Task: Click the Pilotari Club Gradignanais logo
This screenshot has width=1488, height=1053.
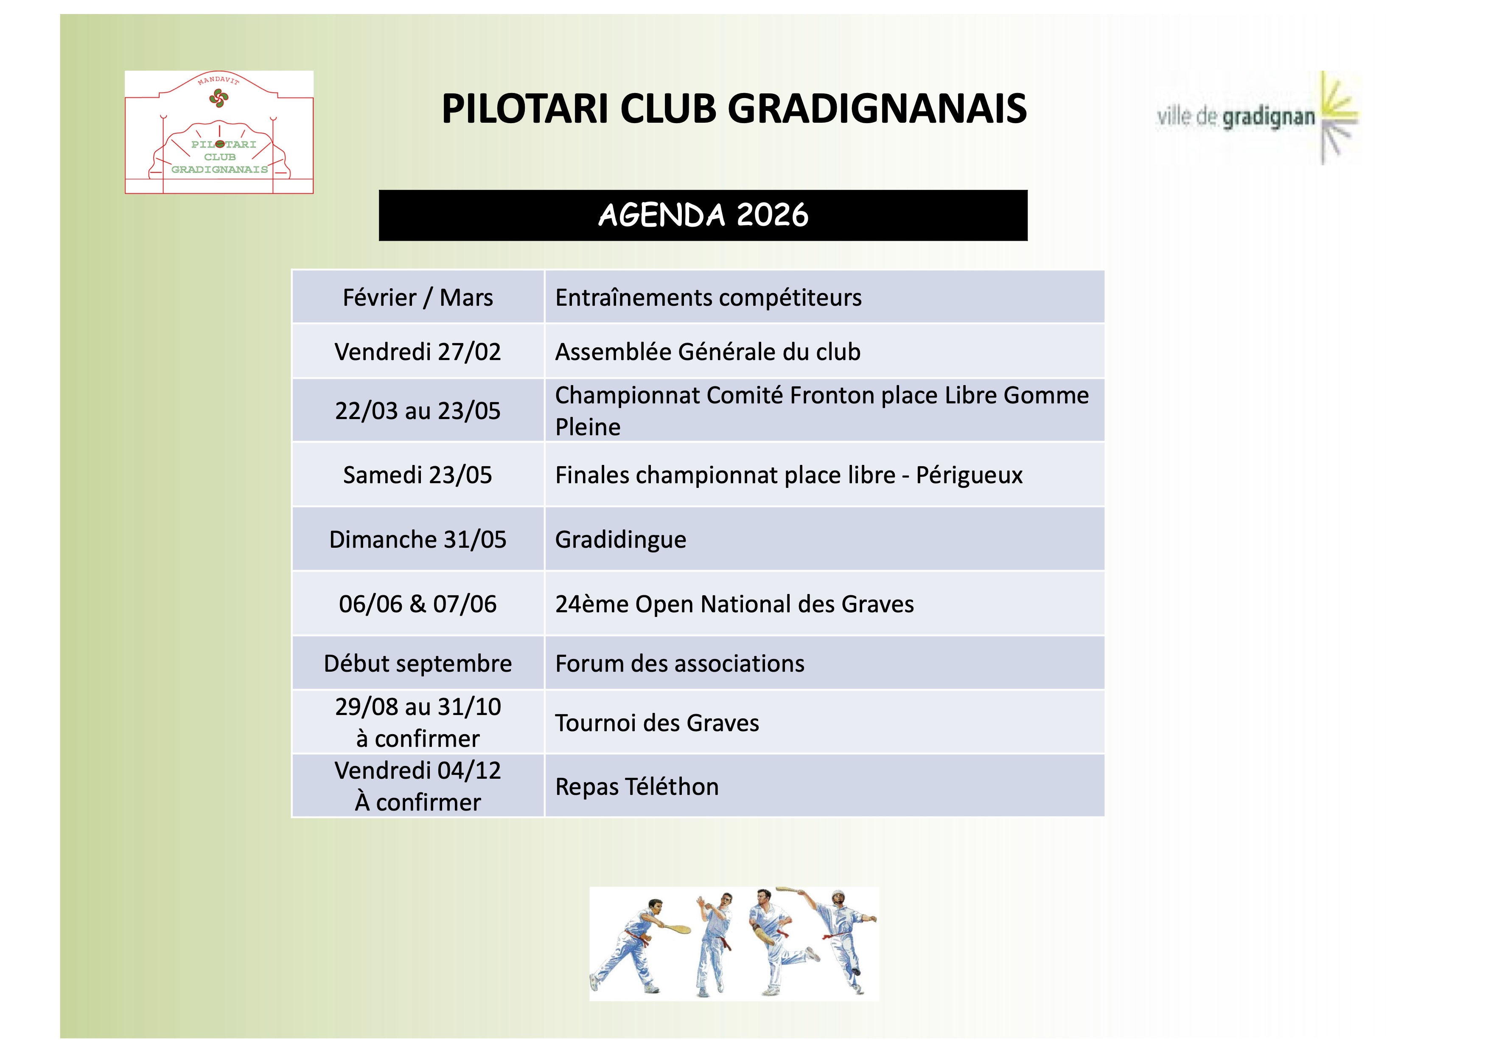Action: coord(219,132)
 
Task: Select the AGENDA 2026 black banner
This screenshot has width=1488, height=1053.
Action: coord(703,215)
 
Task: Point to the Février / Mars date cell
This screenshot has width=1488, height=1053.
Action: coord(418,297)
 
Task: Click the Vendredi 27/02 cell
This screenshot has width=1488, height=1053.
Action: coord(418,351)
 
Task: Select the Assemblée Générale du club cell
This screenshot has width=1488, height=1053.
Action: coord(824,351)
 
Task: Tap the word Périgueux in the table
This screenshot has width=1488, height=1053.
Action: coord(969,475)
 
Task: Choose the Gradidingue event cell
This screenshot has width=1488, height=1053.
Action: coord(824,539)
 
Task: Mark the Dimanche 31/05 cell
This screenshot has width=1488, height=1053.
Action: coord(418,539)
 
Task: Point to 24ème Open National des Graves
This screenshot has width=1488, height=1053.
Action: coord(734,604)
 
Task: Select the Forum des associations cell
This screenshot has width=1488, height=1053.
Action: coord(824,663)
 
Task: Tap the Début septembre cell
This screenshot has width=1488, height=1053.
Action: coord(418,663)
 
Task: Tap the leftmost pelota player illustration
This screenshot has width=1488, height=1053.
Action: coord(639,946)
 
